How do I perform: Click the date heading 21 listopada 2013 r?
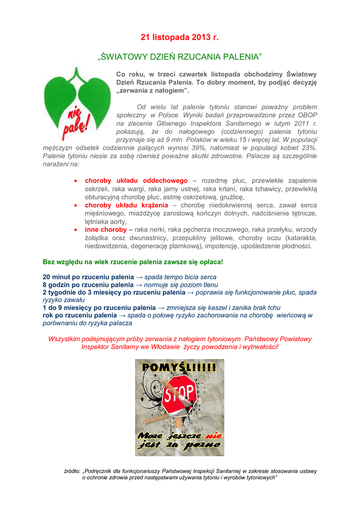179,38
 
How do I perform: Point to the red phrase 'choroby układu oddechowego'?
136,181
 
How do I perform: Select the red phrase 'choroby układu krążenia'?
127,205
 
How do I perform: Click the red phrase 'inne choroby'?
106,230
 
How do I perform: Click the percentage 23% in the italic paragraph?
308,148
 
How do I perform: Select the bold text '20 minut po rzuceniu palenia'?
88,277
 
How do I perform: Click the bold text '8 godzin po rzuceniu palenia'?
88,285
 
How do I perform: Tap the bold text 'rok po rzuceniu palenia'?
80,315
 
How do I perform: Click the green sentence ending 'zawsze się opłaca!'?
133,261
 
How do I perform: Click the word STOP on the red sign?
180,395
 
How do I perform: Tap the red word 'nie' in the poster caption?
213,436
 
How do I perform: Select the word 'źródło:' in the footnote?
72,471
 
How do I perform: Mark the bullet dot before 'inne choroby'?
75,230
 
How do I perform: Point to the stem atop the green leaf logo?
77,74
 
